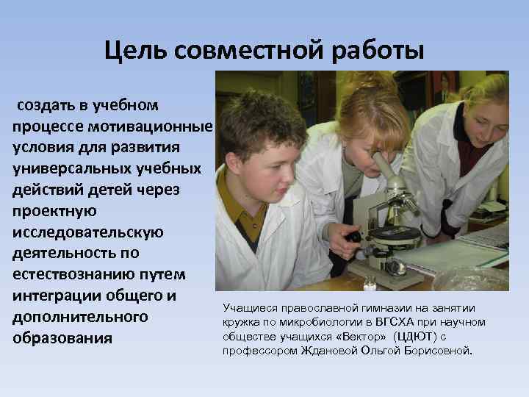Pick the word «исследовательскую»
point(87,232)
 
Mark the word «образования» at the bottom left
point(62,339)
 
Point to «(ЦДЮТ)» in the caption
point(417,336)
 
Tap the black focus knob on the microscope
point(355,237)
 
